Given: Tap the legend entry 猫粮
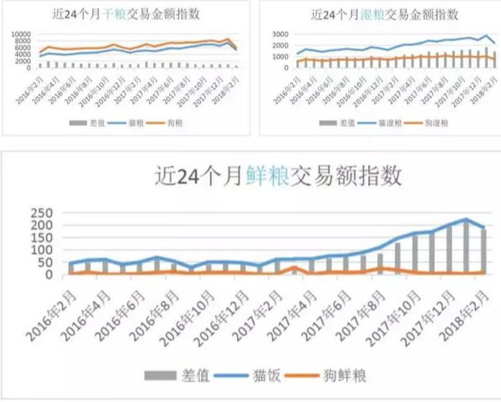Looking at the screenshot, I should (x=128, y=123).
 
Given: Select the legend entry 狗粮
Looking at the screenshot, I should (x=171, y=123).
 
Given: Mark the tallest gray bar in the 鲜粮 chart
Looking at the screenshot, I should (x=466, y=248).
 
